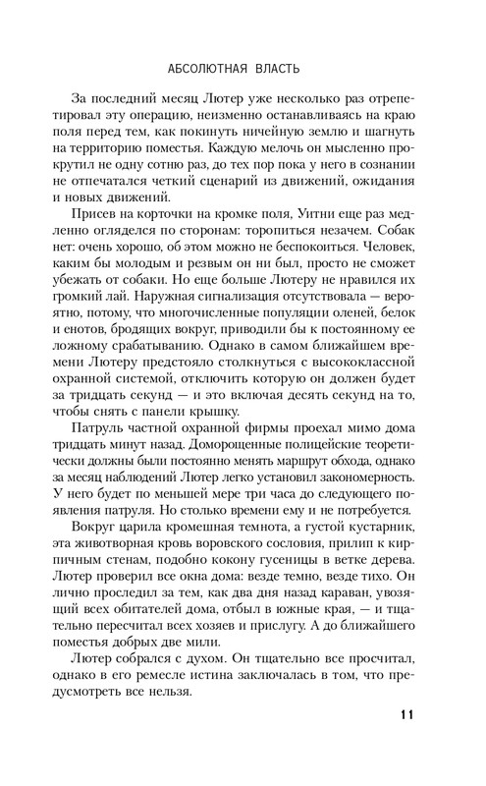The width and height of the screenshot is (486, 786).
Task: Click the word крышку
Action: pos(255,408)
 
